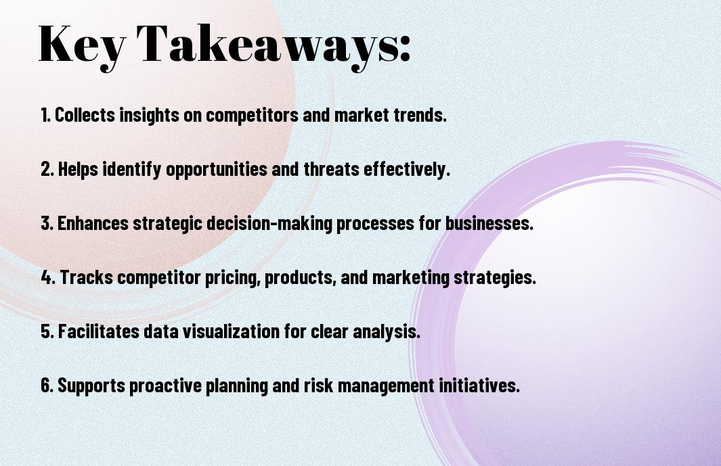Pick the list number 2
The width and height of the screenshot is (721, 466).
point(47,169)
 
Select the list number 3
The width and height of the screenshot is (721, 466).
point(47,223)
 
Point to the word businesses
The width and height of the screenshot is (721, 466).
point(489,223)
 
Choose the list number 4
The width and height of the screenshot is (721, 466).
point(48,277)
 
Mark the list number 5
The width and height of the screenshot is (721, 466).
point(47,331)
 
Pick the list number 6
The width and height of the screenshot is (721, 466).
point(47,385)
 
